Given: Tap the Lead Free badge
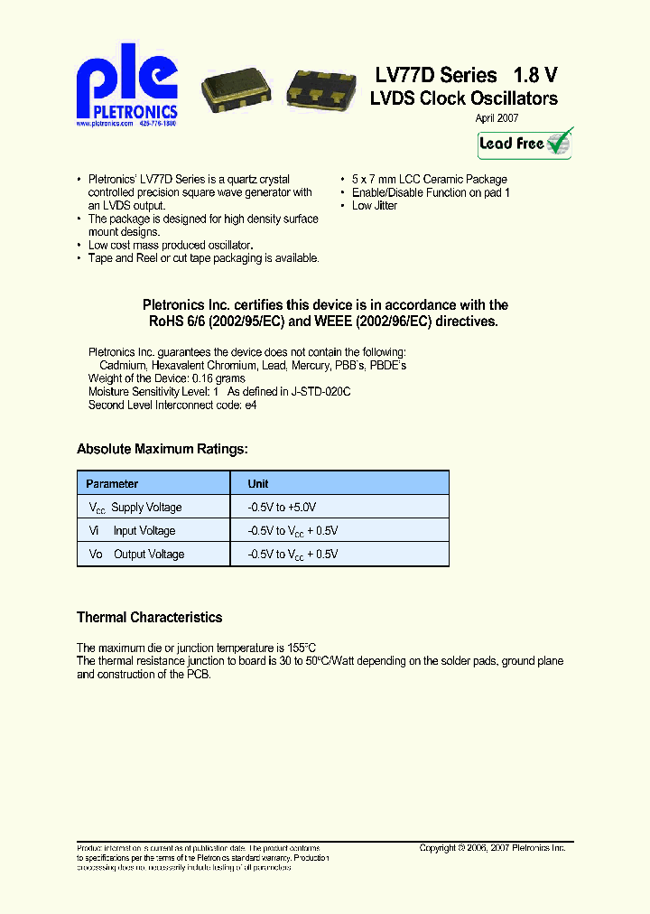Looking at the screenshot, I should pos(525,143).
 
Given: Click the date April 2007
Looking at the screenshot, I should pos(497,118).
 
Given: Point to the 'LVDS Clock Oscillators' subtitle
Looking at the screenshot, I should pos(463,98).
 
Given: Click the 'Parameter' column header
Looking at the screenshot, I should pos(112,484).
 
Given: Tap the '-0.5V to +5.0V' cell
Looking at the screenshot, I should pos(282,508).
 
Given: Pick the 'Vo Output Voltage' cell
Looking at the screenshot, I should pos(136,555).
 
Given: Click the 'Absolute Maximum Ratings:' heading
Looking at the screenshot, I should pos(162,449).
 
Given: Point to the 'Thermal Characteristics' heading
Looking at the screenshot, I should pos(149,618).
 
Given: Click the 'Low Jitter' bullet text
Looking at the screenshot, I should pos(374,206).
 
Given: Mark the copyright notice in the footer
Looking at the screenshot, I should pos(492,848).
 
